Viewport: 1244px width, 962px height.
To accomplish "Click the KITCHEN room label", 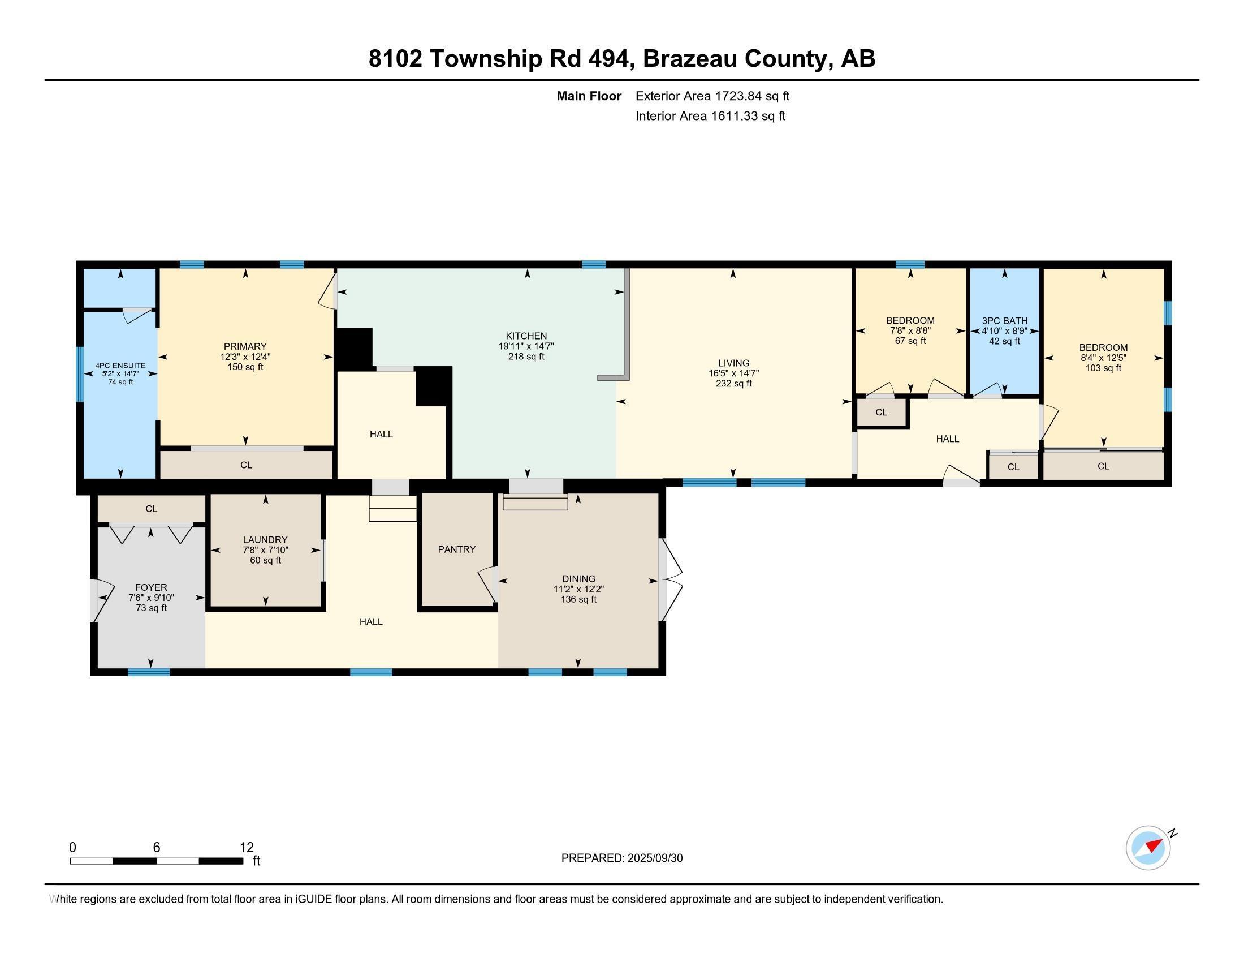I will click(526, 336).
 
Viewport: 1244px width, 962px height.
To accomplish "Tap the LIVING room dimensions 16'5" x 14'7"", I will click(733, 373).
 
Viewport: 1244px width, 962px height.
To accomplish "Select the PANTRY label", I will click(456, 549).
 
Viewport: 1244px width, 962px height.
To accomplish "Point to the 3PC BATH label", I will click(1004, 321).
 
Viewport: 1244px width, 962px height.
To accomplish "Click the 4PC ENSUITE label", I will click(120, 366).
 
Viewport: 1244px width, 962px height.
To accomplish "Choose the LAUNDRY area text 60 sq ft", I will click(265, 560).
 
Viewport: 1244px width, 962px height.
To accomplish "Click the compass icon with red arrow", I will click(1148, 848).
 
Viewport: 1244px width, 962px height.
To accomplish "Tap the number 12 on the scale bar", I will click(247, 847).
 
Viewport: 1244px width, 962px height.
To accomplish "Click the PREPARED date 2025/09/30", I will click(654, 858).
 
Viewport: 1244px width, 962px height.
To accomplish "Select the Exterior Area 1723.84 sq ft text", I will click(712, 96).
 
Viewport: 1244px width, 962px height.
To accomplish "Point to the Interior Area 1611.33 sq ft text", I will click(710, 116).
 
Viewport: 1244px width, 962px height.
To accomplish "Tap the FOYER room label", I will click(151, 587).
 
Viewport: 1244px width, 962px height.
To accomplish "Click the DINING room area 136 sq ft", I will click(578, 599).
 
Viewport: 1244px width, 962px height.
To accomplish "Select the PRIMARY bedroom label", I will click(245, 346).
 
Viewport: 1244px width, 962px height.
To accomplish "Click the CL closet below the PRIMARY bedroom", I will click(246, 465).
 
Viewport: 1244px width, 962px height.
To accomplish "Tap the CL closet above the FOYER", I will click(151, 508).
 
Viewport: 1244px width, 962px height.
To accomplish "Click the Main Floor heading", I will click(589, 96).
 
